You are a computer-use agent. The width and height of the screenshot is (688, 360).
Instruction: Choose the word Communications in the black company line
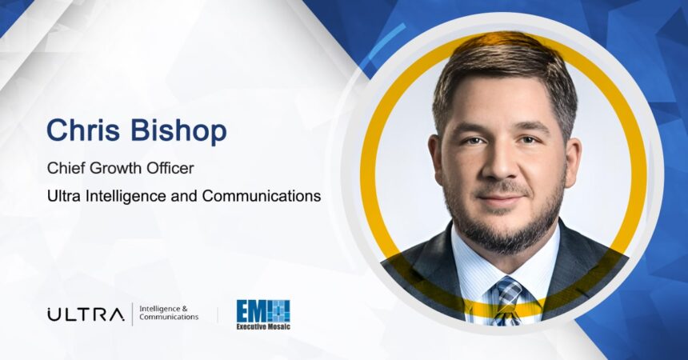262,196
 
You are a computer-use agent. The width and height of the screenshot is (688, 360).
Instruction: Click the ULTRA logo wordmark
86,314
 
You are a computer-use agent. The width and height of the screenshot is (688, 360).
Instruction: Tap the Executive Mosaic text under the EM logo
263,326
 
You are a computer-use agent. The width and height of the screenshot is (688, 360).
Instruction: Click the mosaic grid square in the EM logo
279,311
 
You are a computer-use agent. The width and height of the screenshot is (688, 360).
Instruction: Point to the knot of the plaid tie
509,290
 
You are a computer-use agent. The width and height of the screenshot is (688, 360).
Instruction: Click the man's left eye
528,141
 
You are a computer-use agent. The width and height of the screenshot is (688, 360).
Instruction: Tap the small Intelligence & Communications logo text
169,313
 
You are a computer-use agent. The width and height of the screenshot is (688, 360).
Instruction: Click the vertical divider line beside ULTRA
132,314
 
